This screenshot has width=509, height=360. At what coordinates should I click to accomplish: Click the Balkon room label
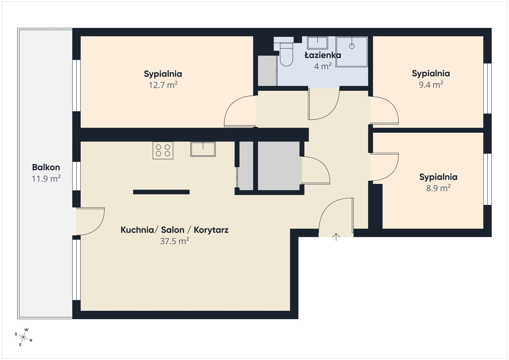(46, 167)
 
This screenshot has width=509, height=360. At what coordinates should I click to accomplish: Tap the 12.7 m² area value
(163, 85)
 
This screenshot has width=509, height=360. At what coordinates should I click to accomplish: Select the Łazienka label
(323, 55)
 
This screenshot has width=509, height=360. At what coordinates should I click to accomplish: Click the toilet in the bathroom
(286, 54)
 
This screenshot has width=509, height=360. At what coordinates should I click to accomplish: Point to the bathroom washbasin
(317, 43)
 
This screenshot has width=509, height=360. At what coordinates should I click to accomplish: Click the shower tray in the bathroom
(352, 51)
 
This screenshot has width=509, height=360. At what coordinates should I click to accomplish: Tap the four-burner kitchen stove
(163, 150)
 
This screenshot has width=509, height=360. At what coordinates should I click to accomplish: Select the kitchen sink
(203, 149)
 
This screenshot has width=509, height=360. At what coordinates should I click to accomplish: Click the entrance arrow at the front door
(336, 237)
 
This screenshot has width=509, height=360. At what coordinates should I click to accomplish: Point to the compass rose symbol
(24, 337)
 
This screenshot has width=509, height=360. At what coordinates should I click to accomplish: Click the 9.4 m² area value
(431, 85)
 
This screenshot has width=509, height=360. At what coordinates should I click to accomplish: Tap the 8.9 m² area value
(438, 188)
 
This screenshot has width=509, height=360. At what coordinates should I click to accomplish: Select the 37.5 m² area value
(174, 241)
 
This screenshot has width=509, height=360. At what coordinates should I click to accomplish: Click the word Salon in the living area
(173, 230)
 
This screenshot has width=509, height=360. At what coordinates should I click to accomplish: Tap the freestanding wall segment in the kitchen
(161, 192)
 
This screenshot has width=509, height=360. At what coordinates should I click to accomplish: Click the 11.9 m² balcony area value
(46, 179)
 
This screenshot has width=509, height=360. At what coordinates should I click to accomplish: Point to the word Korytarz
(211, 230)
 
